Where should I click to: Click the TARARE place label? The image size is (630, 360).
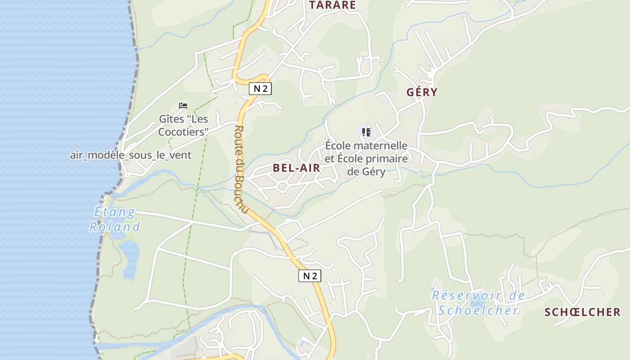click(x=332, y=5)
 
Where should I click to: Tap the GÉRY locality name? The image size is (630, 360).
click(x=422, y=92)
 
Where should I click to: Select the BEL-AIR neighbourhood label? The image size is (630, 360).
click(x=297, y=168)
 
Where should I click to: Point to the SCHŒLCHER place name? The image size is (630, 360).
click(x=582, y=312)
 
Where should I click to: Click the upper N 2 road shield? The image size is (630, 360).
click(x=260, y=89)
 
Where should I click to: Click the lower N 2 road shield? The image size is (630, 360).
click(x=310, y=276)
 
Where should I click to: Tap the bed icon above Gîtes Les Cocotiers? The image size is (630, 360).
click(x=183, y=106)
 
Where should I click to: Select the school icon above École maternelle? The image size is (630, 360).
click(x=366, y=132)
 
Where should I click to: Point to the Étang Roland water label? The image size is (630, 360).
click(x=114, y=219)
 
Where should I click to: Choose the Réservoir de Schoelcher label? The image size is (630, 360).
click(x=478, y=303)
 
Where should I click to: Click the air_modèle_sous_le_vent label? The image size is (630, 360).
click(x=130, y=155)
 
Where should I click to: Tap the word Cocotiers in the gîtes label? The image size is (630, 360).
click(x=183, y=132)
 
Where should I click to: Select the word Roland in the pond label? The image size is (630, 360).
click(x=114, y=227)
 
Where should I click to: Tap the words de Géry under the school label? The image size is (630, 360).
click(x=366, y=171)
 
